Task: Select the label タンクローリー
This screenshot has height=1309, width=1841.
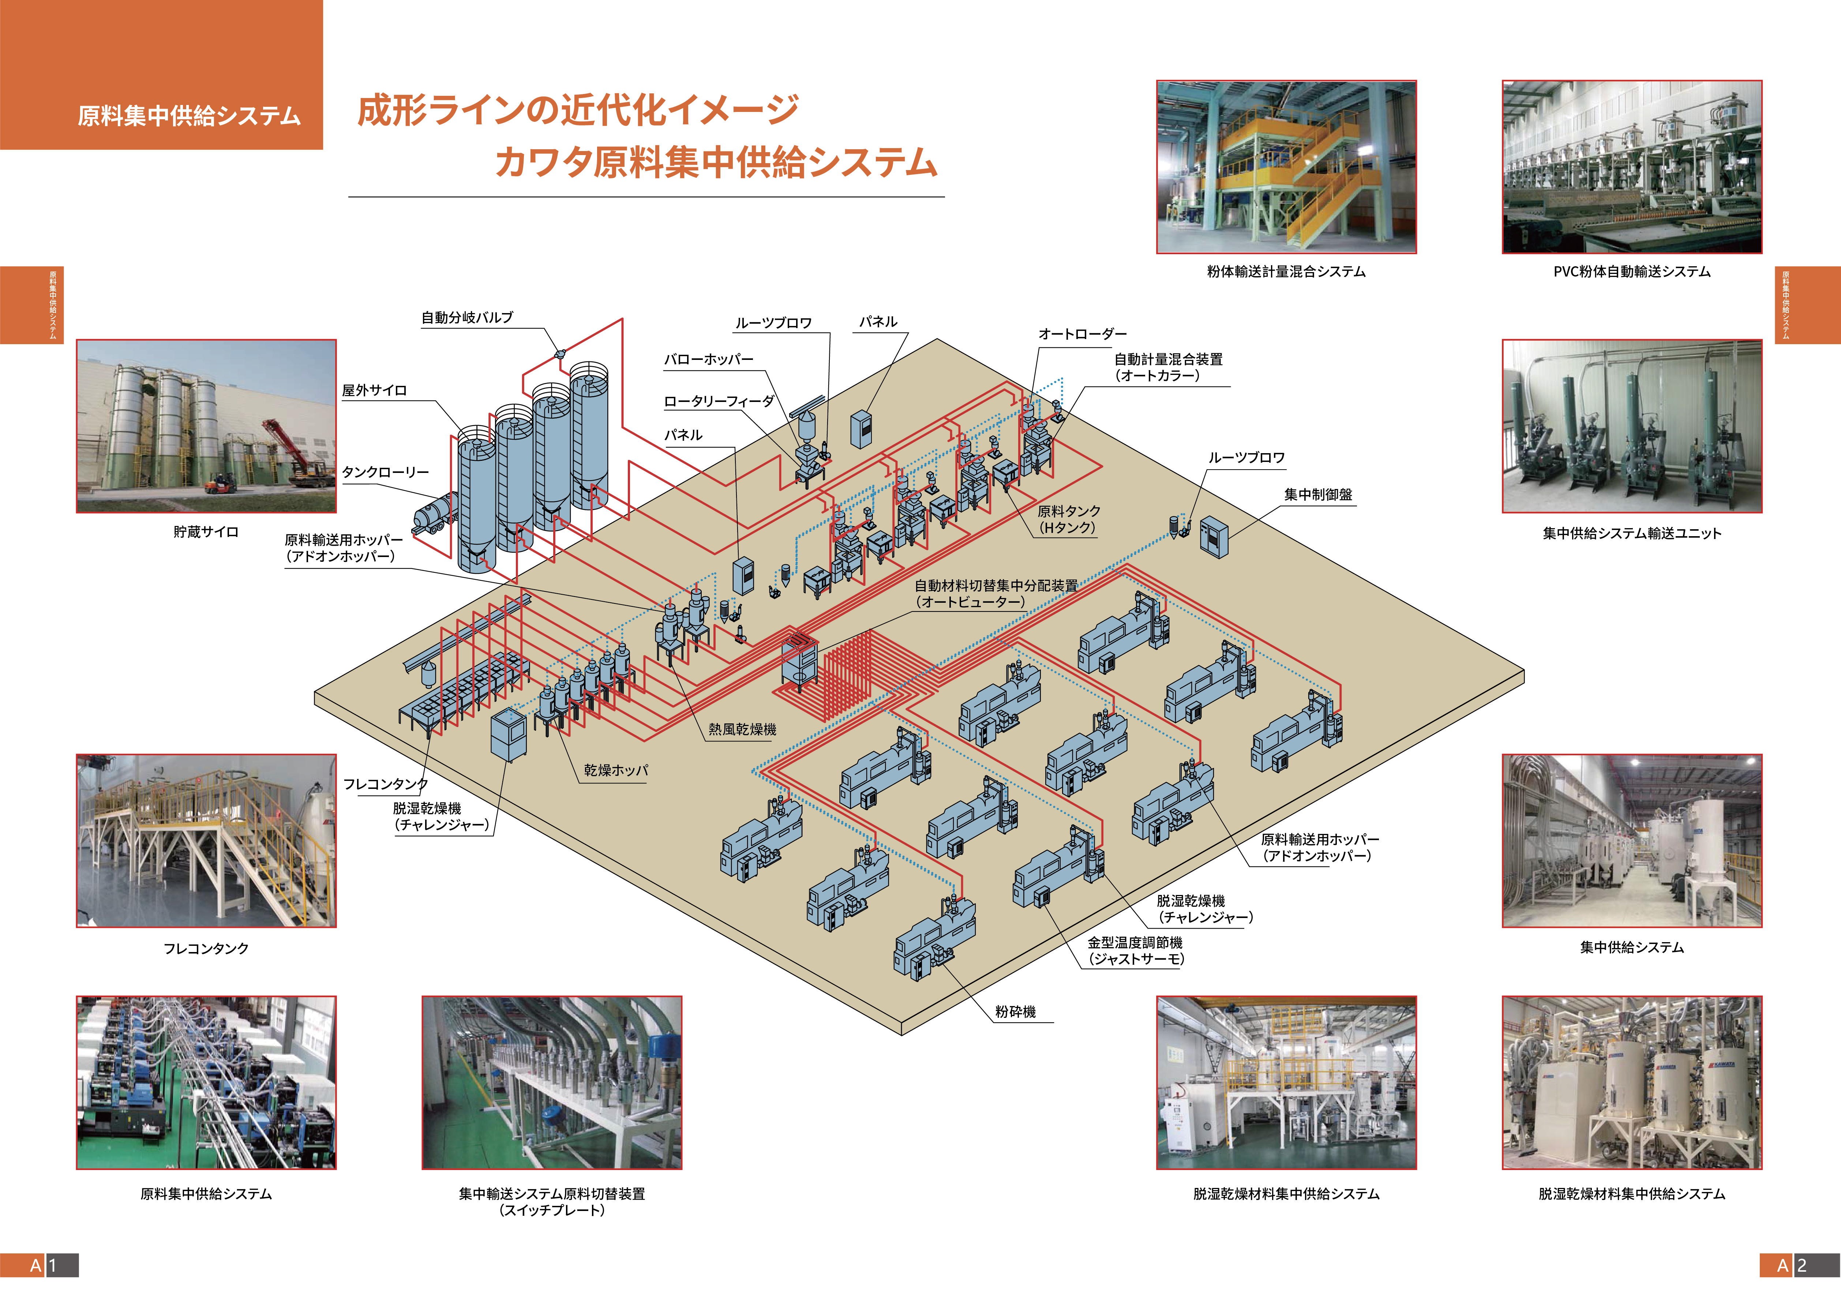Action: (x=385, y=472)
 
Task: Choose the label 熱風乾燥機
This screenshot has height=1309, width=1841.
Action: (x=742, y=729)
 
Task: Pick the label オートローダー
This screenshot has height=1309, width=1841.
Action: (x=1082, y=334)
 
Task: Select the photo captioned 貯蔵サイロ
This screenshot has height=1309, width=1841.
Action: (x=206, y=426)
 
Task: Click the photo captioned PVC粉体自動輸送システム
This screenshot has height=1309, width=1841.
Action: (x=1631, y=167)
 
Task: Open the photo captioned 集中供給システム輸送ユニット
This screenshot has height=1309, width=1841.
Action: (x=1631, y=426)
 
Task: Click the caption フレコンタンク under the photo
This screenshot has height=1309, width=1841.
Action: (x=206, y=949)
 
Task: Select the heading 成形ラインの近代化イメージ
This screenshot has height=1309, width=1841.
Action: (x=578, y=110)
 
